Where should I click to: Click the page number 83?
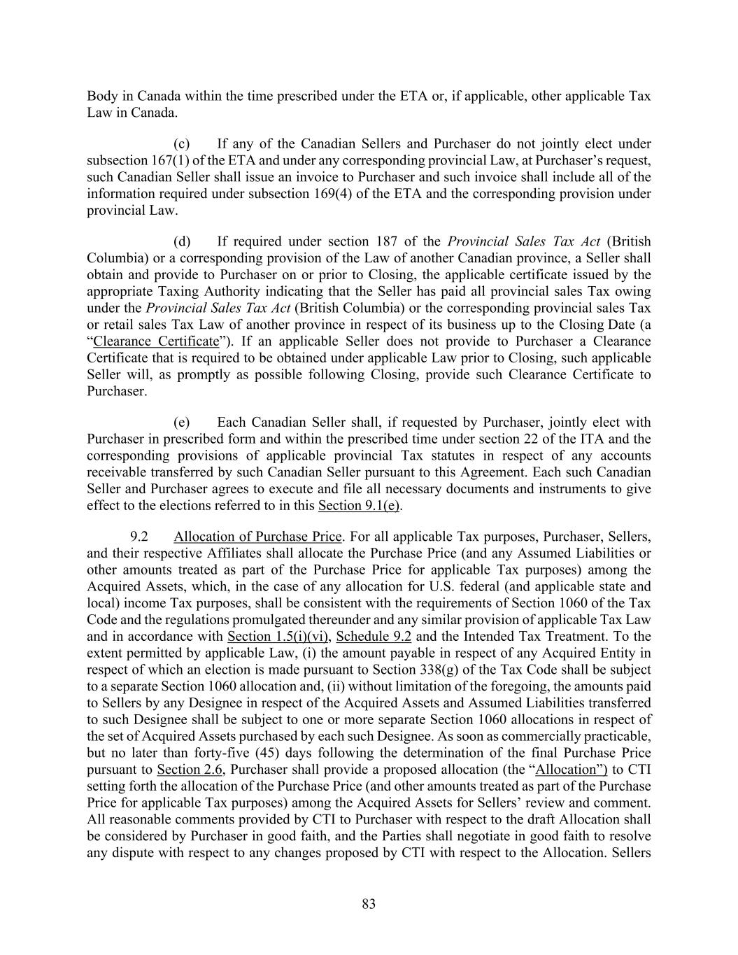369,904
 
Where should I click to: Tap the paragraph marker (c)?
182,144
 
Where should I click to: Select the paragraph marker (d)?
182,242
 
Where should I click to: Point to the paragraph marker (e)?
182,423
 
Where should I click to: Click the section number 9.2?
139,537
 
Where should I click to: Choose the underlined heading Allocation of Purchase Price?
257,537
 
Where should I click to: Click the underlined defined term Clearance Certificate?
156,341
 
